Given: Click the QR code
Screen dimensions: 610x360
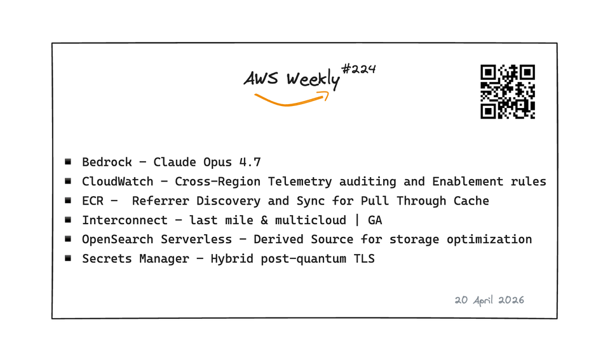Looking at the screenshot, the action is pyautogui.click(x=508, y=92).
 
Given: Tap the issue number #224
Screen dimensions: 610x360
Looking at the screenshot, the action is pyautogui.click(x=358, y=69).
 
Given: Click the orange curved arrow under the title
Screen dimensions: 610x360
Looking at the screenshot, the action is pyautogui.click(x=292, y=99).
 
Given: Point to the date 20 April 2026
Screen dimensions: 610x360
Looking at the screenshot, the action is pyautogui.click(x=489, y=300).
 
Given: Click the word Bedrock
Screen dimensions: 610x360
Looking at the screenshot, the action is pyautogui.click(x=107, y=162).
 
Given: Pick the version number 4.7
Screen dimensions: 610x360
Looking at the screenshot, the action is pyautogui.click(x=250, y=162).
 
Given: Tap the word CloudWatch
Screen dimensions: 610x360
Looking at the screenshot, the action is pyautogui.click(x=118, y=182).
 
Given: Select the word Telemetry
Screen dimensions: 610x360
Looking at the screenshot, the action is pyautogui.click(x=300, y=182).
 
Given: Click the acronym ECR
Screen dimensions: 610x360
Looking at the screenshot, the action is pyautogui.click(x=93, y=201).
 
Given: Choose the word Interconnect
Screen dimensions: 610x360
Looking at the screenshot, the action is pyautogui.click(x=125, y=220).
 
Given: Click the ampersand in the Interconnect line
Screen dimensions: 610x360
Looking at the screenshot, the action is pyautogui.click(x=264, y=220).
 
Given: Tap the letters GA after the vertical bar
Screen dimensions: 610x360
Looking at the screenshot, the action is pyautogui.click(x=375, y=220).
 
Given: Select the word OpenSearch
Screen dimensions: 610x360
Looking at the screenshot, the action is pyautogui.click(x=118, y=239).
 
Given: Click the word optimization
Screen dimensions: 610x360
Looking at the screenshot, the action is pyautogui.click(x=489, y=239).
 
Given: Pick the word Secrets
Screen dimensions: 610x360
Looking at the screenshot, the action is pyautogui.click(x=107, y=259).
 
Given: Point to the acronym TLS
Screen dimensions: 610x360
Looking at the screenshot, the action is pyautogui.click(x=364, y=259).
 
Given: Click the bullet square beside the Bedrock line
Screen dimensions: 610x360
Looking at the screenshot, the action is pyautogui.click(x=68, y=161).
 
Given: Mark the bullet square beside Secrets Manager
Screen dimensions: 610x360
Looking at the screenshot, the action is pyautogui.click(x=68, y=258).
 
